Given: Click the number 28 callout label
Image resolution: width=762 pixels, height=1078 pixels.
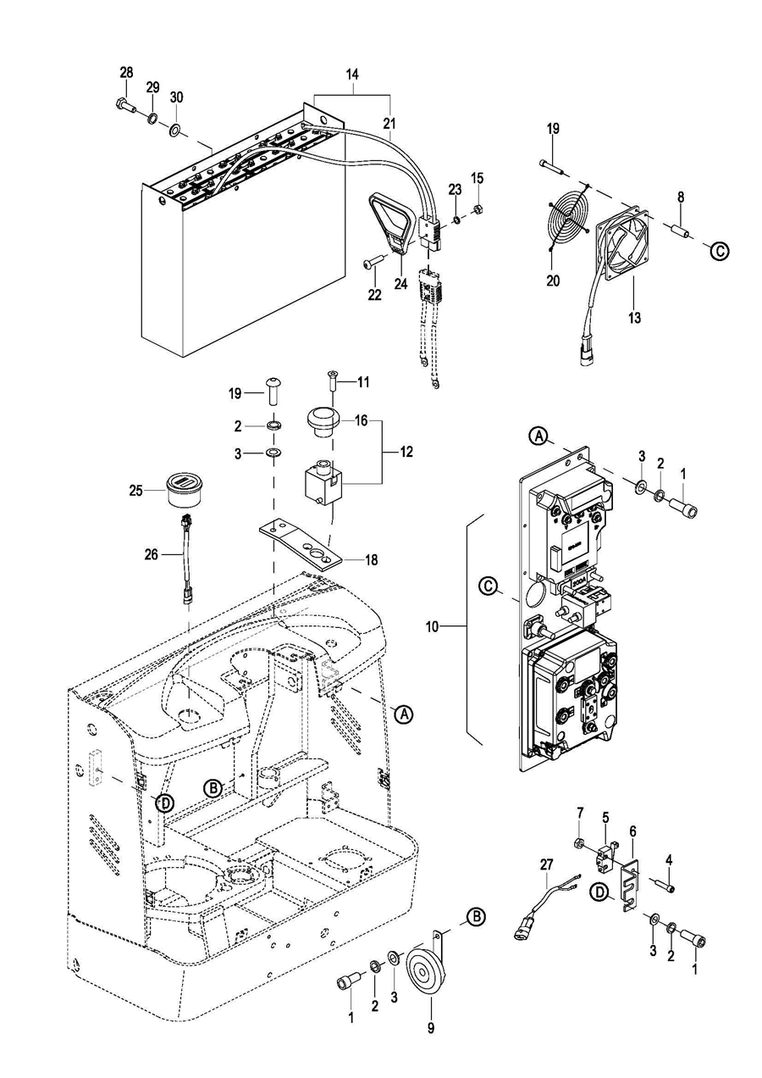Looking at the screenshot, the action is click(126, 73).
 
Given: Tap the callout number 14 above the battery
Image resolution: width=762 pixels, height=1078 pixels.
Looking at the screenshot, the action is click(352, 75).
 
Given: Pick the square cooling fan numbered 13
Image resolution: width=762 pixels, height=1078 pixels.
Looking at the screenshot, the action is click(622, 243).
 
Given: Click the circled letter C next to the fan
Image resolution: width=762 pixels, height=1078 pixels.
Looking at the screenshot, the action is click(719, 251).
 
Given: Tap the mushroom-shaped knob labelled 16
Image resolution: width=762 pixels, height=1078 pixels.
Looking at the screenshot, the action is click(324, 421).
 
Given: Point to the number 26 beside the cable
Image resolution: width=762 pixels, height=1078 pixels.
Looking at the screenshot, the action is click(151, 555).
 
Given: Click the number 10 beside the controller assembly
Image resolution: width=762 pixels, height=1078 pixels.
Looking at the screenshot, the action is click(432, 627).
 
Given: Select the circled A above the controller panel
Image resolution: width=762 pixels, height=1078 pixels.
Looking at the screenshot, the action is click(538, 436).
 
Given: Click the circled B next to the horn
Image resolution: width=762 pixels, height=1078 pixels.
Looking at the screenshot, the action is click(477, 917).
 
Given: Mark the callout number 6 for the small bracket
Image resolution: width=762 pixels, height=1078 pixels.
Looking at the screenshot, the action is click(632, 831).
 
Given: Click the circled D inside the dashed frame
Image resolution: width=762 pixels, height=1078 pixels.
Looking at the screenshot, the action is click(165, 803).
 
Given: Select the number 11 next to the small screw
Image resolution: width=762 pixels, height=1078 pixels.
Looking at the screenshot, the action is click(363, 382).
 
